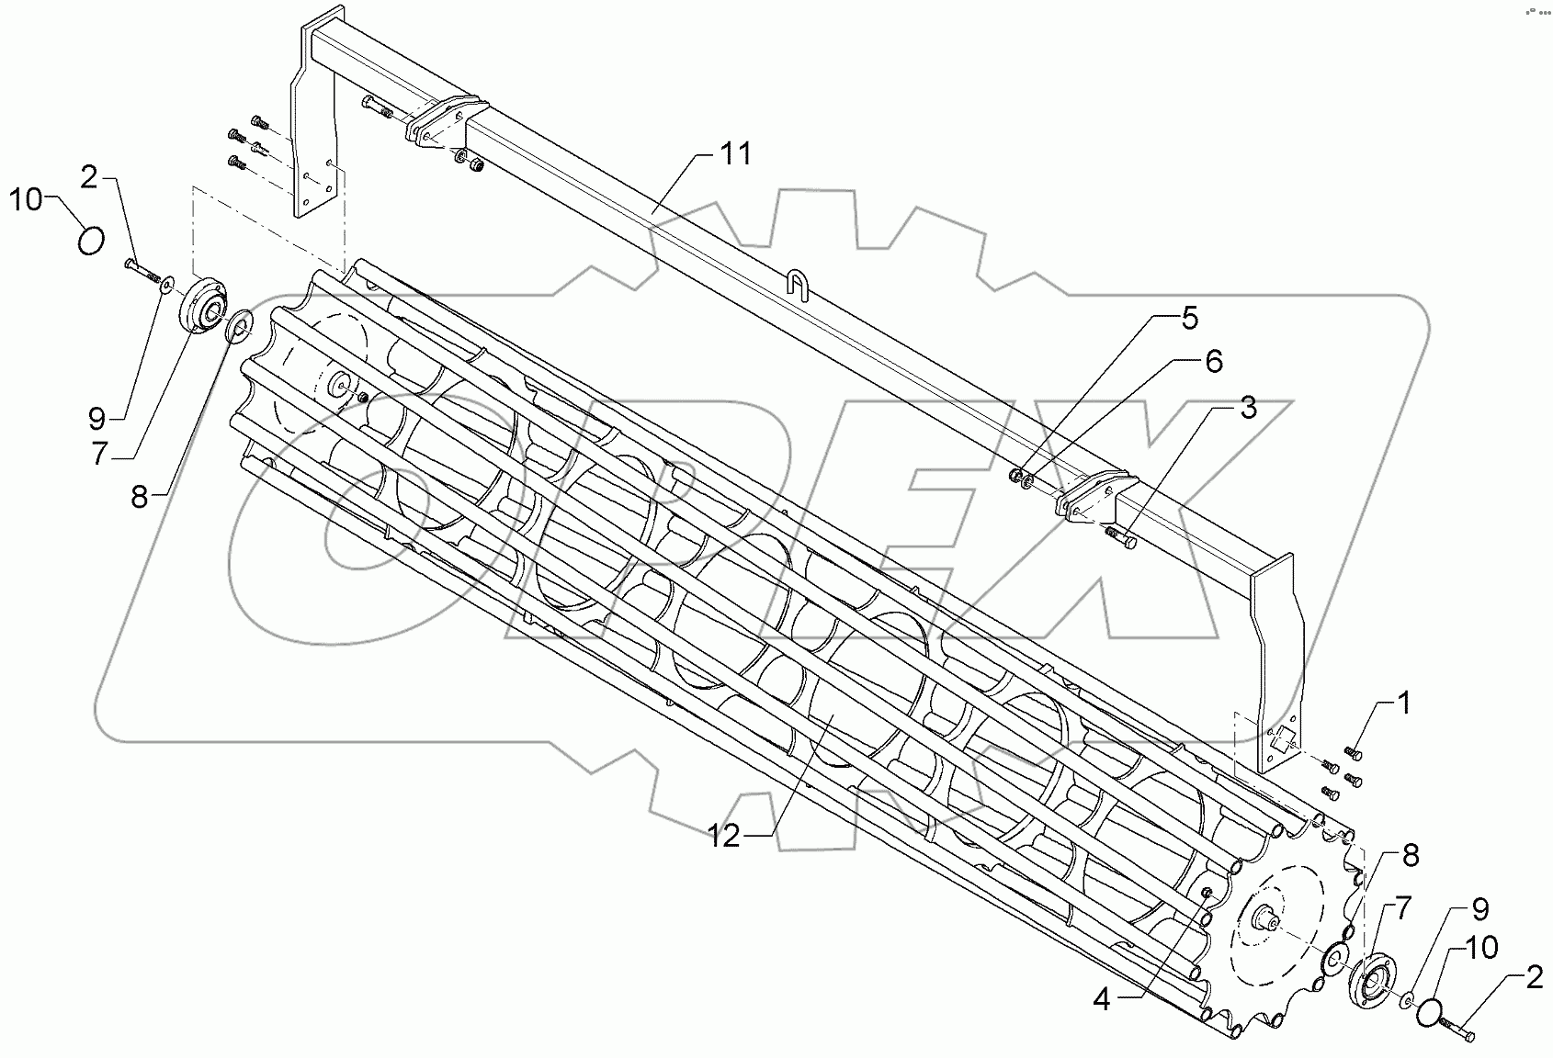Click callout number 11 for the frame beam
click(735, 153)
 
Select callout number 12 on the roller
click(724, 836)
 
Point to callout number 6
click(1213, 362)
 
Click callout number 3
click(1247, 408)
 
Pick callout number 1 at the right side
click(1402, 705)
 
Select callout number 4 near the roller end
click(1102, 999)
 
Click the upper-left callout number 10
click(27, 198)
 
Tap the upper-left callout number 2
click(88, 177)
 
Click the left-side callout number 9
click(97, 420)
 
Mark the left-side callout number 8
click(139, 497)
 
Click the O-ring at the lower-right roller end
click(1428, 1012)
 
